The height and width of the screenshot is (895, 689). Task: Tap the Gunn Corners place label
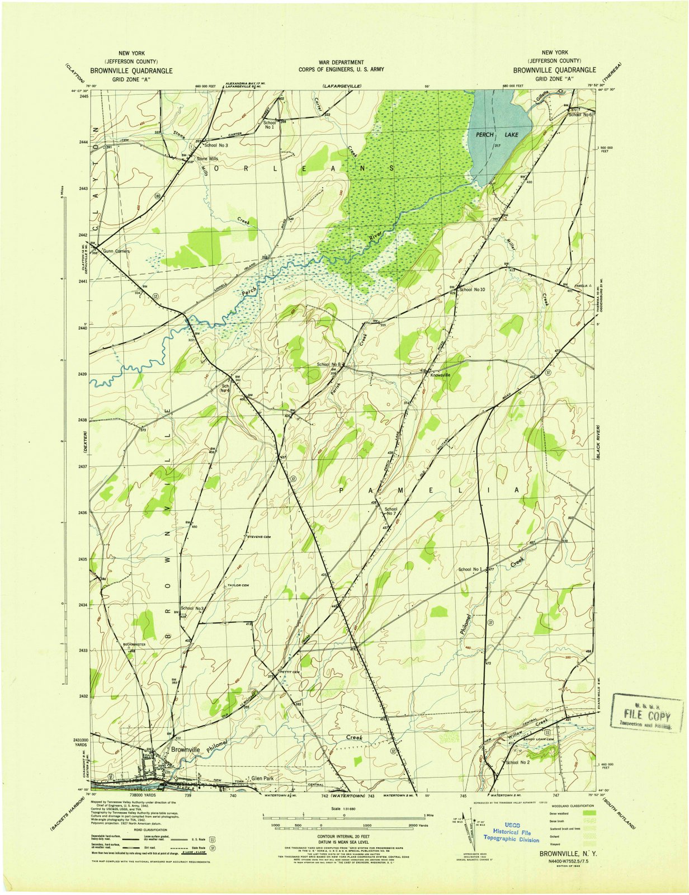[116, 251]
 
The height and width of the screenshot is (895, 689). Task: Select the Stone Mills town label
[206, 158]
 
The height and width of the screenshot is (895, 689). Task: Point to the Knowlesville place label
[440, 375]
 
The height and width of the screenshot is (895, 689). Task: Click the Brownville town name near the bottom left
[186, 749]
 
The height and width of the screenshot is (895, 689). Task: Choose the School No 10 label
[472, 290]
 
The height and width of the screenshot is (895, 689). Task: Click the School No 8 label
[329, 364]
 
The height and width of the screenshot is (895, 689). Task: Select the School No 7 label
[390, 512]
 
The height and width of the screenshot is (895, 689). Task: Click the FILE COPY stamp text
[648, 715]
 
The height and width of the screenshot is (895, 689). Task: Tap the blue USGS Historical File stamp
[512, 832]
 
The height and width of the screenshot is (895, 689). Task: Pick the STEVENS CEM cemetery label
[259, 537]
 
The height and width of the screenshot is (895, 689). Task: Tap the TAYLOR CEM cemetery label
[237, 586]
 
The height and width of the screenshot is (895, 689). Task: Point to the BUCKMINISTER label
[134, 645]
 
